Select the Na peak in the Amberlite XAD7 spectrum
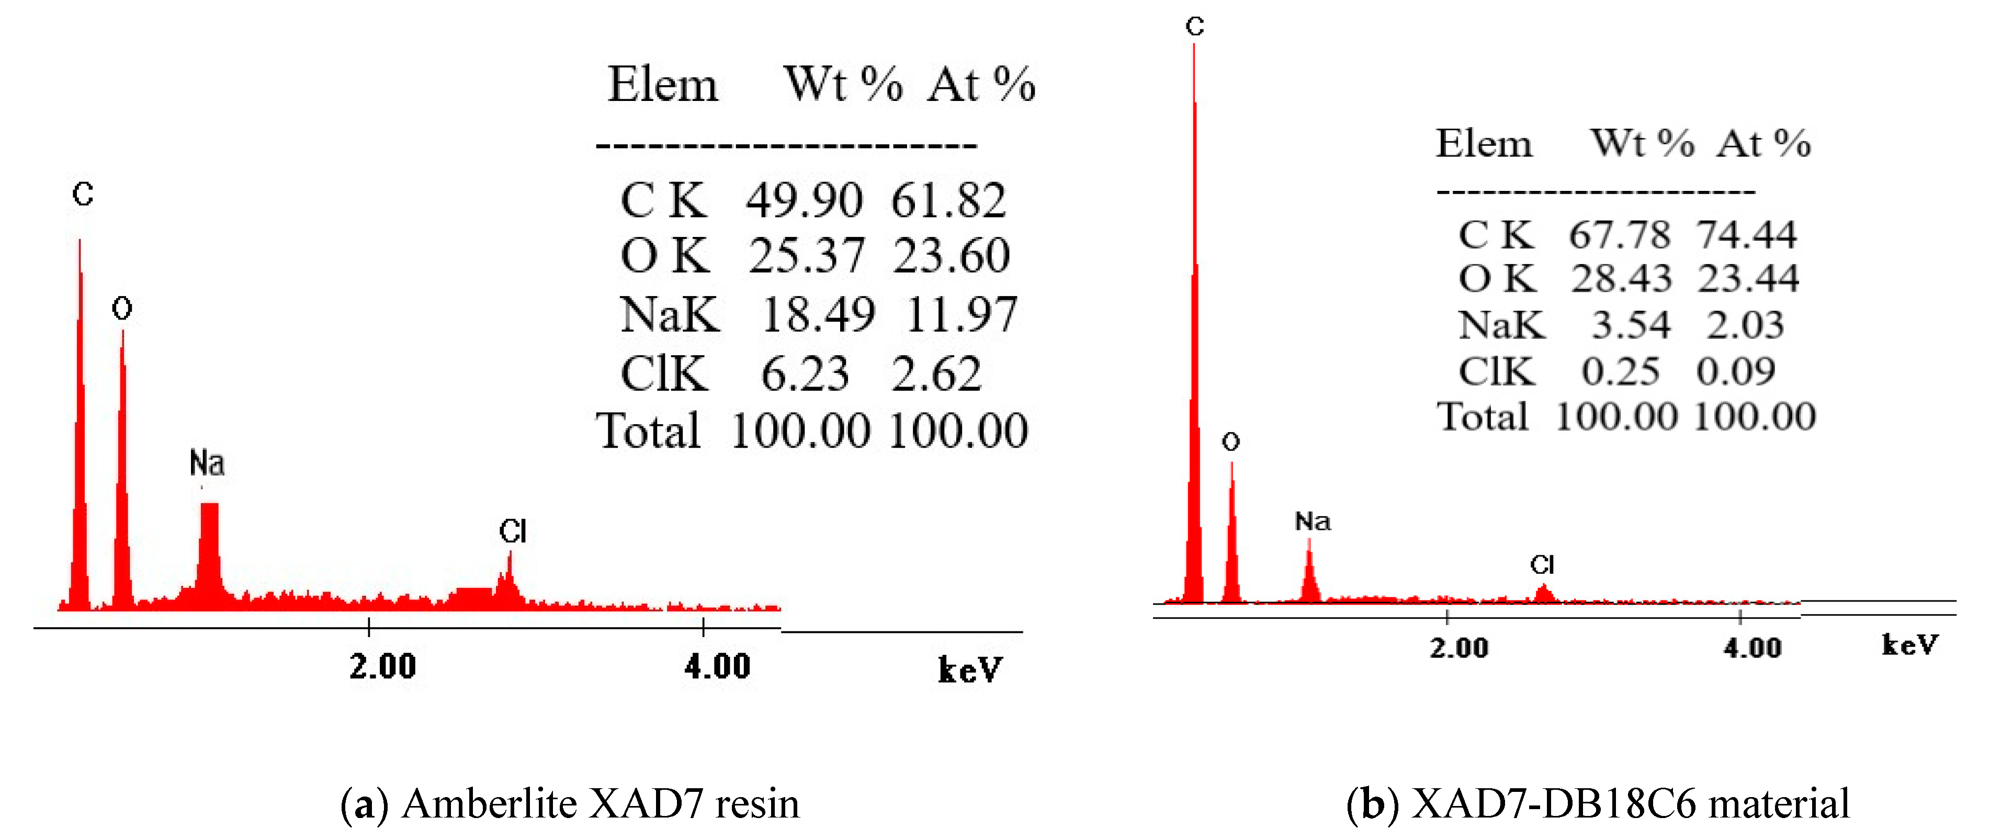(x=209, y=548)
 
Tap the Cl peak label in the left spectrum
(x=512, y=531)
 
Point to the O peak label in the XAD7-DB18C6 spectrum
(x=1230, y=441)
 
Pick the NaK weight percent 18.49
(x=817, y=314)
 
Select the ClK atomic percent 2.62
(x=936, y=373)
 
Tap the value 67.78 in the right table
(x=1619, y=235)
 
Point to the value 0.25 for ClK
(x=1620, y=371)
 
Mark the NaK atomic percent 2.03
(x=1744, y=325)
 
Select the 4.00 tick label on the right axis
(x=1752, y=648)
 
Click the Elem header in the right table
(x=1483, y=144)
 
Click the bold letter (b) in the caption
(x=1372, y=804)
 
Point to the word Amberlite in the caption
(x=490, y=804)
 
